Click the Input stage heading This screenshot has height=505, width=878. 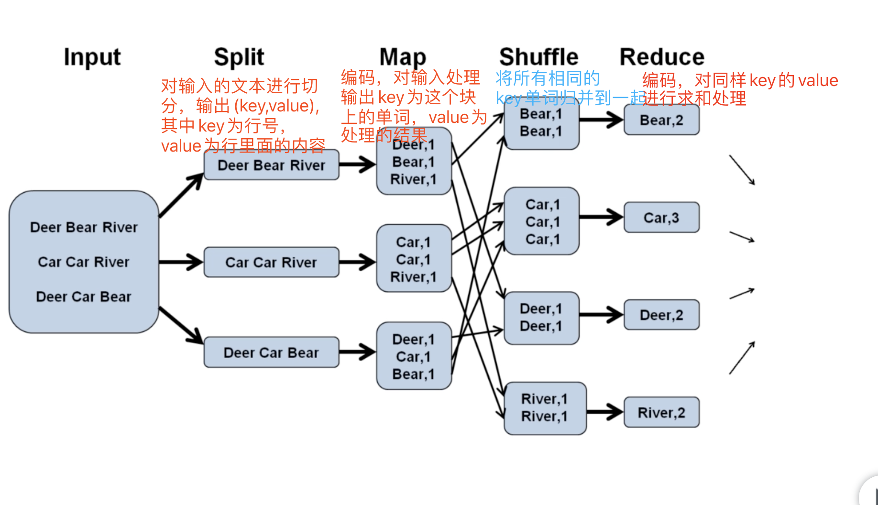(92, 57)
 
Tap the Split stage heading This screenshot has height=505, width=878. (239, 57)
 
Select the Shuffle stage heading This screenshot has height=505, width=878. (538, 57)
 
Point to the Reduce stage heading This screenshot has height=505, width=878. (661, 57)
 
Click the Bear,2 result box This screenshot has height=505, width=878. (661, 120)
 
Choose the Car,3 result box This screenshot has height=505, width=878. (661, 218)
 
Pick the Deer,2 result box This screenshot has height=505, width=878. (661, 315)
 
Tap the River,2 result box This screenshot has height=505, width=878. (661, 412)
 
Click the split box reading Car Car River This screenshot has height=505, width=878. (271, 262)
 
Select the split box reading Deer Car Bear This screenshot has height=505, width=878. (271, 352)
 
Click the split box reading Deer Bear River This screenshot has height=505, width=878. (271, 165)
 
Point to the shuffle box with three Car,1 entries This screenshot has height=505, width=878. (542, 221)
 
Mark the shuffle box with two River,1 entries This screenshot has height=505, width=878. (545, 408)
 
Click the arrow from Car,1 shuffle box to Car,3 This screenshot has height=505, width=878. (601, 218)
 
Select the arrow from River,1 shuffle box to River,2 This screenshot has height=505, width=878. (604, 412)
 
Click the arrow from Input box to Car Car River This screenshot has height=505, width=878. (181, 262)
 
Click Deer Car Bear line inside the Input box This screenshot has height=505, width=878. (84, 296)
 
